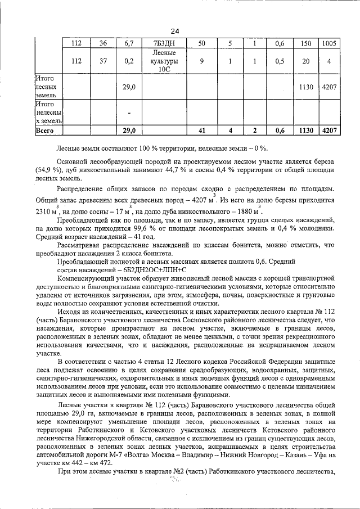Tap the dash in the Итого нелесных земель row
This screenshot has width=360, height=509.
129,113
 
